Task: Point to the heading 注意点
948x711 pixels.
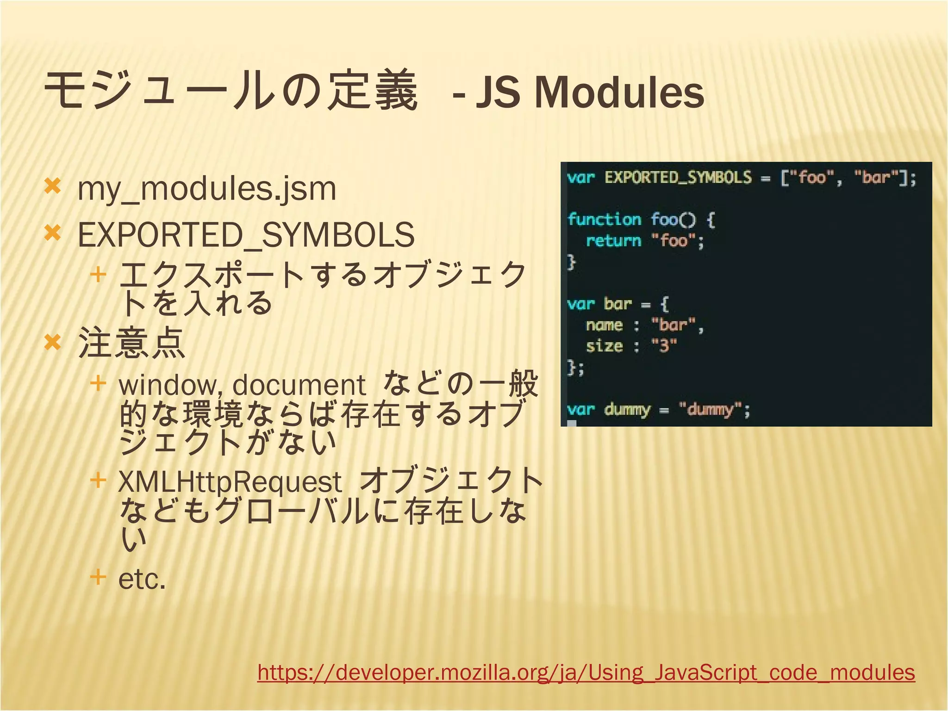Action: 132,343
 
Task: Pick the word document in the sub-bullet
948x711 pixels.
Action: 299,385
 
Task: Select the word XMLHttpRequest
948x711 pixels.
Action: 230,481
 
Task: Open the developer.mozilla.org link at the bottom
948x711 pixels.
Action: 586,672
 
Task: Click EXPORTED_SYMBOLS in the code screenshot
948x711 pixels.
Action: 678,177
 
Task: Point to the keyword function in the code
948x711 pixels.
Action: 604,219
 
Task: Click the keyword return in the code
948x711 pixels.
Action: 613,241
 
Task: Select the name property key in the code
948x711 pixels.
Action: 604,325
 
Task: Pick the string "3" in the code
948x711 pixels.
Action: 664,345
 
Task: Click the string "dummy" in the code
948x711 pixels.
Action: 711,409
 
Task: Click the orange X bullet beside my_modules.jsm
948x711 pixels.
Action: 52,187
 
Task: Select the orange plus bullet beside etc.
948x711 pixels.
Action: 98,577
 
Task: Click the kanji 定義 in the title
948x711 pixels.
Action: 373,90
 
